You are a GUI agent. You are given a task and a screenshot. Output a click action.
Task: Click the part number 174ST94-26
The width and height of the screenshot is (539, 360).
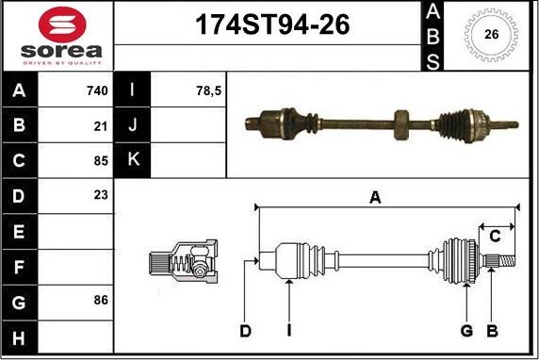pyautogui.click(x=272, y=25)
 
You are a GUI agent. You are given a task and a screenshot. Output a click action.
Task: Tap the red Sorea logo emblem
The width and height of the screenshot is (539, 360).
pyautogui.click(x=62, y=25)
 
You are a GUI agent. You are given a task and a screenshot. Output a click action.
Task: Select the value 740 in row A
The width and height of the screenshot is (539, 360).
pyautogui.click(x=97, y=90)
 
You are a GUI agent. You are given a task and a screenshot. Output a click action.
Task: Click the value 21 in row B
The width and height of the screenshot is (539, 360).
pyautogui.click(x=101, y=126)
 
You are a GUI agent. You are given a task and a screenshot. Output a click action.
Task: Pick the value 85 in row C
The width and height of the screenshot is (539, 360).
pyautogui.click(x=101, y=160)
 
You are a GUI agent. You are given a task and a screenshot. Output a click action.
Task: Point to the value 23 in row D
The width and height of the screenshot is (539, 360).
pyautogui.click(x=101, y=195)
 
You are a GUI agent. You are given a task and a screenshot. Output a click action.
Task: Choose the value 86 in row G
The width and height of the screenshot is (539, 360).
pyautogui.click(x=101, y=300)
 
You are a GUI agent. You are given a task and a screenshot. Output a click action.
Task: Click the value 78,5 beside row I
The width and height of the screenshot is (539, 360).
pyautogui.click(x=208, y=90)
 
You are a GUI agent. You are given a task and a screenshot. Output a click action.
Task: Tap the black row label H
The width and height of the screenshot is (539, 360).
pyautogui.click(x=19, y=337)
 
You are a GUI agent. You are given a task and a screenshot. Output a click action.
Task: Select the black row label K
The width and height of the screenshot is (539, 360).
pyautogui.click(x=133, y=159)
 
